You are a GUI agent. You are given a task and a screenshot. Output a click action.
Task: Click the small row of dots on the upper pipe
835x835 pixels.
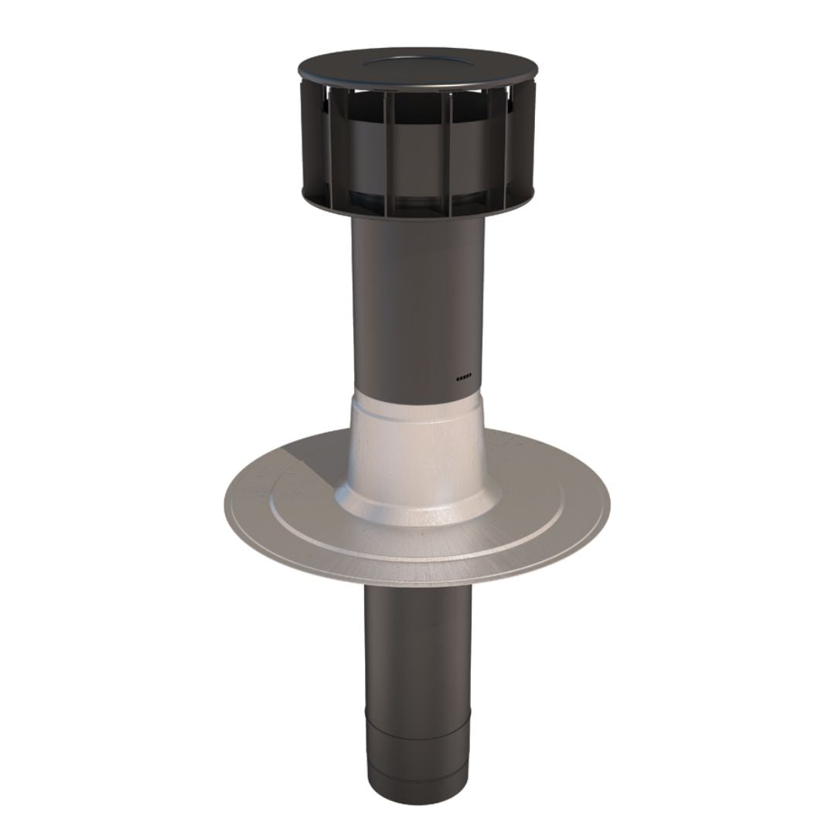click(463, 378)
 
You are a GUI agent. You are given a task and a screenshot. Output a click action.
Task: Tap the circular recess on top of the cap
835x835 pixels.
click(417, 58)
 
